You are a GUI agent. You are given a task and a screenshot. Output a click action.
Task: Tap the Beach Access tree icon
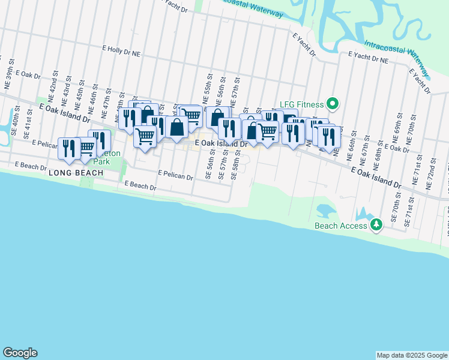(376, 225)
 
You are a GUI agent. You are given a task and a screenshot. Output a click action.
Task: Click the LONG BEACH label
(76, 173)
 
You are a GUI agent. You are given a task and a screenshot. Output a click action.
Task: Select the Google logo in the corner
(20, 353)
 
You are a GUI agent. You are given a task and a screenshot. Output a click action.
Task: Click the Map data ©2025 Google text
(412, 355)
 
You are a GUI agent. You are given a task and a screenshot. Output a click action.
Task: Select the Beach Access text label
(341, 226)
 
